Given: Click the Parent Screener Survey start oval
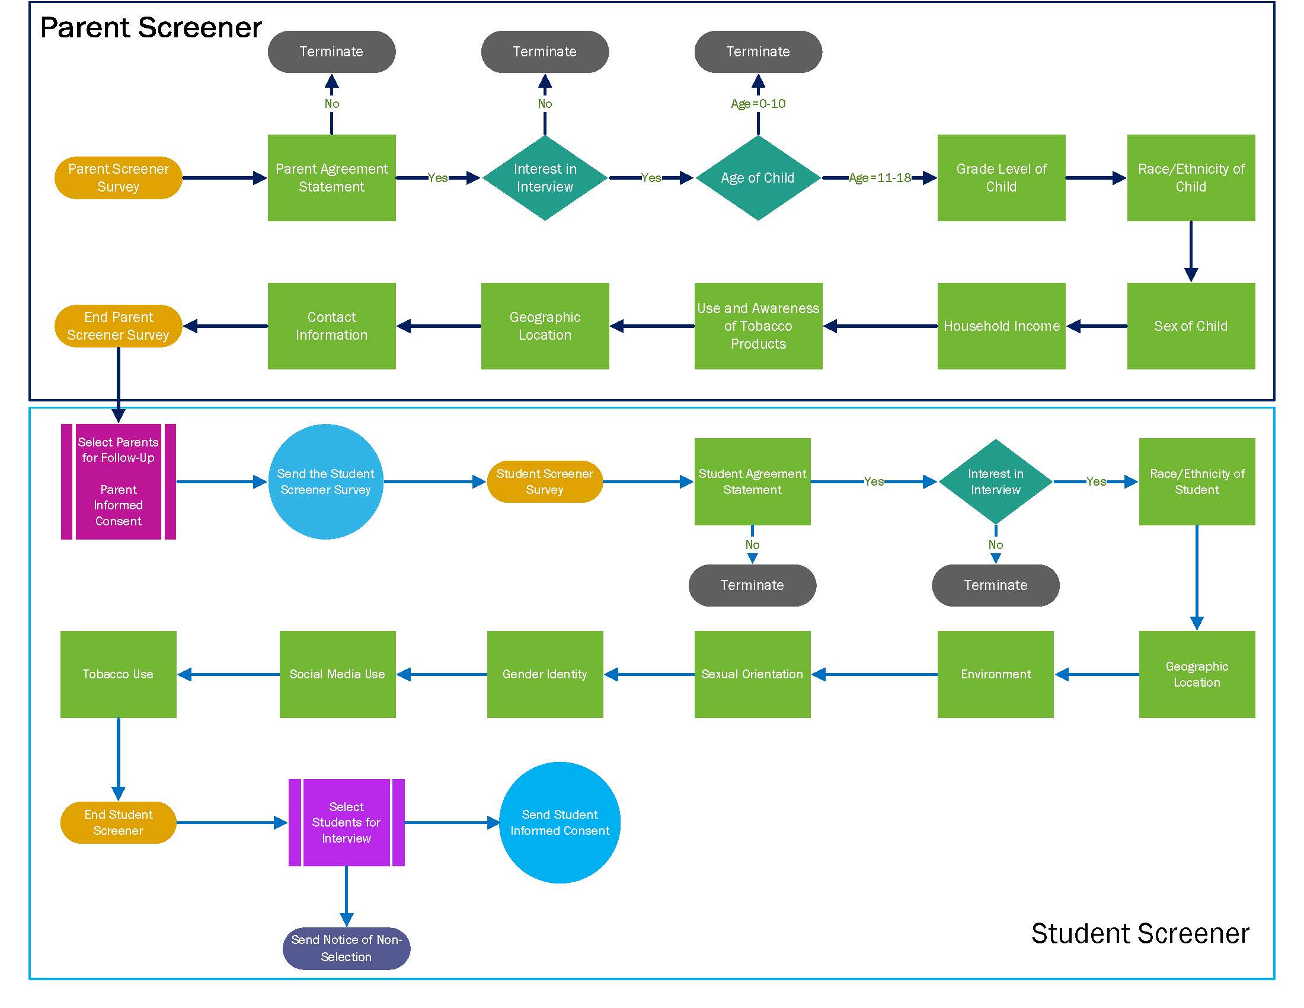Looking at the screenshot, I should (x=118, y=178).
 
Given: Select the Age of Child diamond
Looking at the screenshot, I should (x=758, y=178).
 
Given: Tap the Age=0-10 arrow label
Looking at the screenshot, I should (x=758, y=104).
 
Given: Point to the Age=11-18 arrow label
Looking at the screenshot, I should (x=880, y=178).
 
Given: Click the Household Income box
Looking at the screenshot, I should (x=1001, y=326).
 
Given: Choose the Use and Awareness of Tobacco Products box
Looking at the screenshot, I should (x=758, y=326).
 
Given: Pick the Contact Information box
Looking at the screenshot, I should (x=331, y=326).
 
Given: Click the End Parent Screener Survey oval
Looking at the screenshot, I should (x=118, y=326).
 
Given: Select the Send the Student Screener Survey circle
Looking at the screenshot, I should (x=325, y=481).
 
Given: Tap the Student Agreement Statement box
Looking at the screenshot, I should (x=752, y=481).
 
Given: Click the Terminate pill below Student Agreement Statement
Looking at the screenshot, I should (x=752, y=585).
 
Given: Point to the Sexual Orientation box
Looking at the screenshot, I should (x=752, y=674).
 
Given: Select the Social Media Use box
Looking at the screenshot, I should (x=337, y=674).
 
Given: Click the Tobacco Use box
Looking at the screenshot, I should (x=118, y=674).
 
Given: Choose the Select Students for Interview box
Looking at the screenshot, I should (x=346, y=822).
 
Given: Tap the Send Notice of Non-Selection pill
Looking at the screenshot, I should (x=346, y=948).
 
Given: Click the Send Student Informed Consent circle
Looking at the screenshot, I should (x=560, y=822).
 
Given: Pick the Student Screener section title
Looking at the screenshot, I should (x=1140, y=933).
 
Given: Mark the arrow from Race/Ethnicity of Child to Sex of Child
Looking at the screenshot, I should (x=1191, y=251).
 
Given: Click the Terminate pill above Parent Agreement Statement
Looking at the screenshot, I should (x=331, y=52).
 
